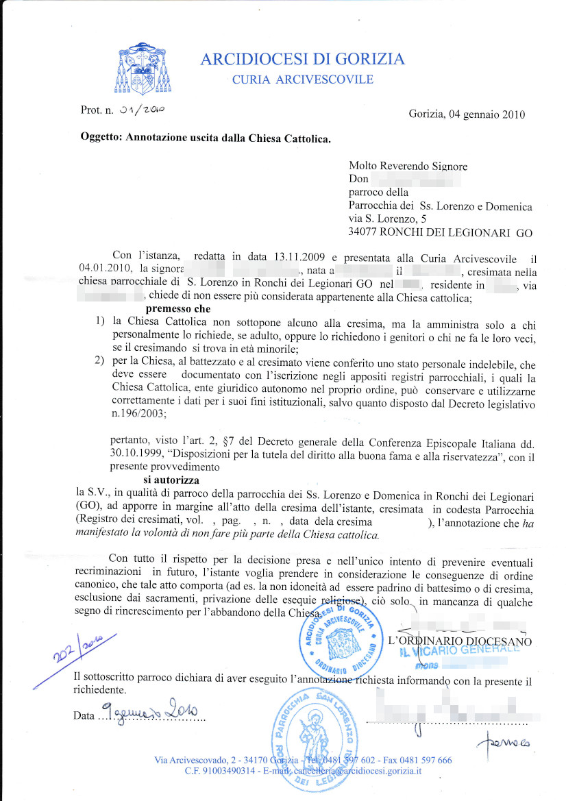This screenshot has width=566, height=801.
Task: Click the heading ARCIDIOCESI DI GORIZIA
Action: click(302, 60)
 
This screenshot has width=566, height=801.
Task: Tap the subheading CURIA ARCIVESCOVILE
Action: click(303, 79)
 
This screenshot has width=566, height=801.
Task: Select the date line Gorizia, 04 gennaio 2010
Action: click(467, 114)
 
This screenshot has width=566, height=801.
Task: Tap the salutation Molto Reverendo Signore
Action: click(408, 166)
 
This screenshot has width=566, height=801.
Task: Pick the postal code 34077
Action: click(367, 232)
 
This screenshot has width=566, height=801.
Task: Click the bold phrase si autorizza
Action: click(171, 482)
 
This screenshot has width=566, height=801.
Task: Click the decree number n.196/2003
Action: click(138, 413)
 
